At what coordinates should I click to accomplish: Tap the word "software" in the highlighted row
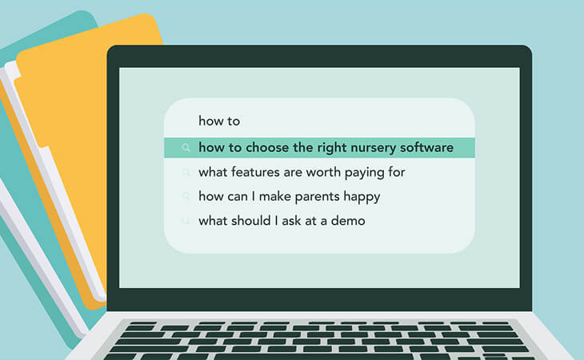(425, 148)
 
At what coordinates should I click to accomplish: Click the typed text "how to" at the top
(219, 122)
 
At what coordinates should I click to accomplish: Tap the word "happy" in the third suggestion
(362, 197)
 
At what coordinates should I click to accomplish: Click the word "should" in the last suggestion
(253, 221)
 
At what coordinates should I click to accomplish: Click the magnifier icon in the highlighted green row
(186, 148)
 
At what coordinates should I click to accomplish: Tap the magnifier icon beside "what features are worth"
(186, 172)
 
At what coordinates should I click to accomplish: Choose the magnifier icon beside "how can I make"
(186, 196)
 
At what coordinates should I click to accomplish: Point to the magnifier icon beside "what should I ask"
(186, 220)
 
